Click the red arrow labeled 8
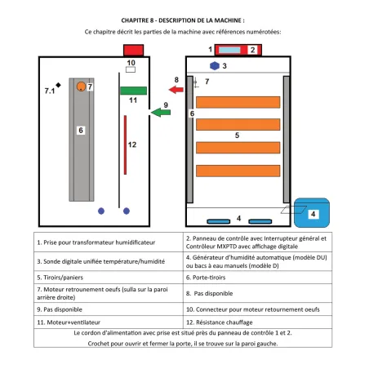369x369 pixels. tap(176, 89)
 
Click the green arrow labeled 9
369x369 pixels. tap(161, 112)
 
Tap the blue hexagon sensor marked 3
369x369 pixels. tap(215, 66)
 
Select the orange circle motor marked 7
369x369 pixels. tap(81, 87)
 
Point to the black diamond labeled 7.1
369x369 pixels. tap(58, 85)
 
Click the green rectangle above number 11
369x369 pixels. tap(133, 91)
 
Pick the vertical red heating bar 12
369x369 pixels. tap(125, 144)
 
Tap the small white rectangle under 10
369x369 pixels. tap(131, 69)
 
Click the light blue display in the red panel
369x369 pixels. tap(229, 50)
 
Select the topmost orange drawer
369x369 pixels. tap(238, 102)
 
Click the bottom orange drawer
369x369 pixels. tap(238, 171)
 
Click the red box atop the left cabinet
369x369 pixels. tap(133, 51)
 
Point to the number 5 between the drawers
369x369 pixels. tap(237, 136)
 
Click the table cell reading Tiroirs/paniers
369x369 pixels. tap(109, 278)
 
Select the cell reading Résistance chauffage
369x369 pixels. tap(257, 322)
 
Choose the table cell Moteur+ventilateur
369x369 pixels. tap(109, 322)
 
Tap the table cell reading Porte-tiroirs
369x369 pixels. tap(257, 278)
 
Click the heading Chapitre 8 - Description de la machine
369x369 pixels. tap(183, 20)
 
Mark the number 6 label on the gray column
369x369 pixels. tap(81, 131)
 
